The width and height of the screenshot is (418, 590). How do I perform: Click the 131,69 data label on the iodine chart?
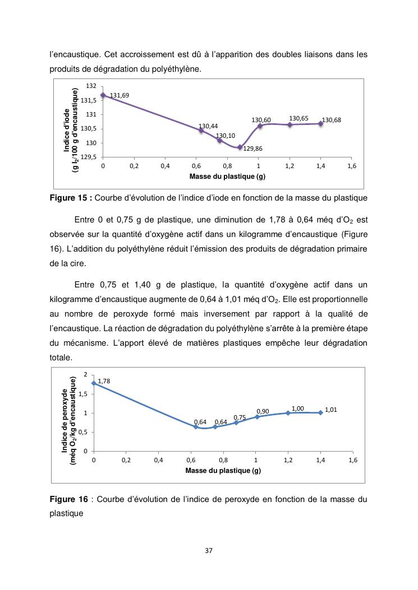point(120,96)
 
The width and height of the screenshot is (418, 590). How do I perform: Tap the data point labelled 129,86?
point(240,147)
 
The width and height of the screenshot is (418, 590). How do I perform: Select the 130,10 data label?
point(226,136)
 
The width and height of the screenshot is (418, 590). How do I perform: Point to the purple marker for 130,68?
point(321,123)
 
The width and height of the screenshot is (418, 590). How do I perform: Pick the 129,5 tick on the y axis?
point(90,157)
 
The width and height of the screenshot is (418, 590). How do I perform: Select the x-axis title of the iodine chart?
point(227,176)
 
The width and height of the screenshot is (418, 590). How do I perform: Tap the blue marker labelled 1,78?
point(94,383)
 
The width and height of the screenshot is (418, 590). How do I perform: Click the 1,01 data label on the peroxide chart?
point(331,410)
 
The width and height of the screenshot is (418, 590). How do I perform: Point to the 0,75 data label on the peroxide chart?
point(240,417)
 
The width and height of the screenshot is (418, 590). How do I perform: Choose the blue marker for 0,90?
point(257,417)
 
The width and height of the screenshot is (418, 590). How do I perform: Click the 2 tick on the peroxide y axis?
point(85,374)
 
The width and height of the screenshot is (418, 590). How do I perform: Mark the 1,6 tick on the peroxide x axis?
point(352,460)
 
